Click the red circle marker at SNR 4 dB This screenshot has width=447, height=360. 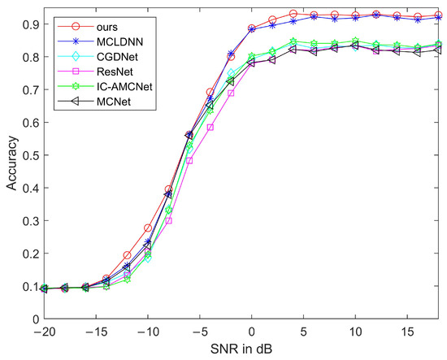293,14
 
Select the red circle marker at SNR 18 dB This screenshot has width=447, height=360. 438,15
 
